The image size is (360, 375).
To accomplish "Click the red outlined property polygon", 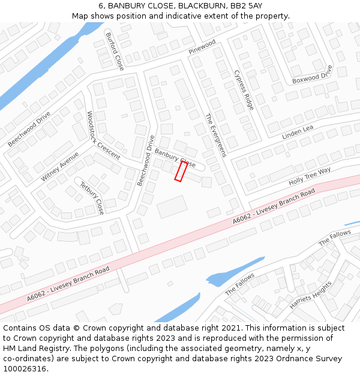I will point(181,171).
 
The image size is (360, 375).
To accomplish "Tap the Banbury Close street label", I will point(175,158).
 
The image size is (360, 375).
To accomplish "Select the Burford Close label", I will point(114,51).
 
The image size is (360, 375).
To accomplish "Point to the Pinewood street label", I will point(202,47).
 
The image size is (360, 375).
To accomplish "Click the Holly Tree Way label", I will point(310,176).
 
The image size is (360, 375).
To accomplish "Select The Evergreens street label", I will point(215,135).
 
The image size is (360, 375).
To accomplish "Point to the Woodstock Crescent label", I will point(103,134).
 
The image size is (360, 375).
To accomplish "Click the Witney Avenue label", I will point(60,166).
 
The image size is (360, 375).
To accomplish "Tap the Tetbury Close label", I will point(92,198).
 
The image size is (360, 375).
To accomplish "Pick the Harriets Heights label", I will point(310,295).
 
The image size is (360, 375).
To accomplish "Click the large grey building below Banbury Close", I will point(172,207).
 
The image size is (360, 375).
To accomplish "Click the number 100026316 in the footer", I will point(25,369).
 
